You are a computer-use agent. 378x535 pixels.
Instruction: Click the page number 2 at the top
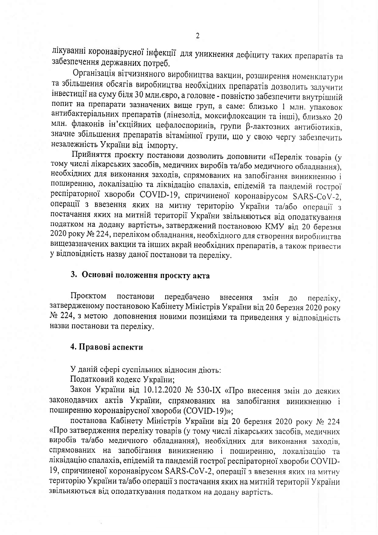click(197, 36)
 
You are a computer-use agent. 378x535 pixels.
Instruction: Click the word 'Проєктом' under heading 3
click(88, 296)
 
